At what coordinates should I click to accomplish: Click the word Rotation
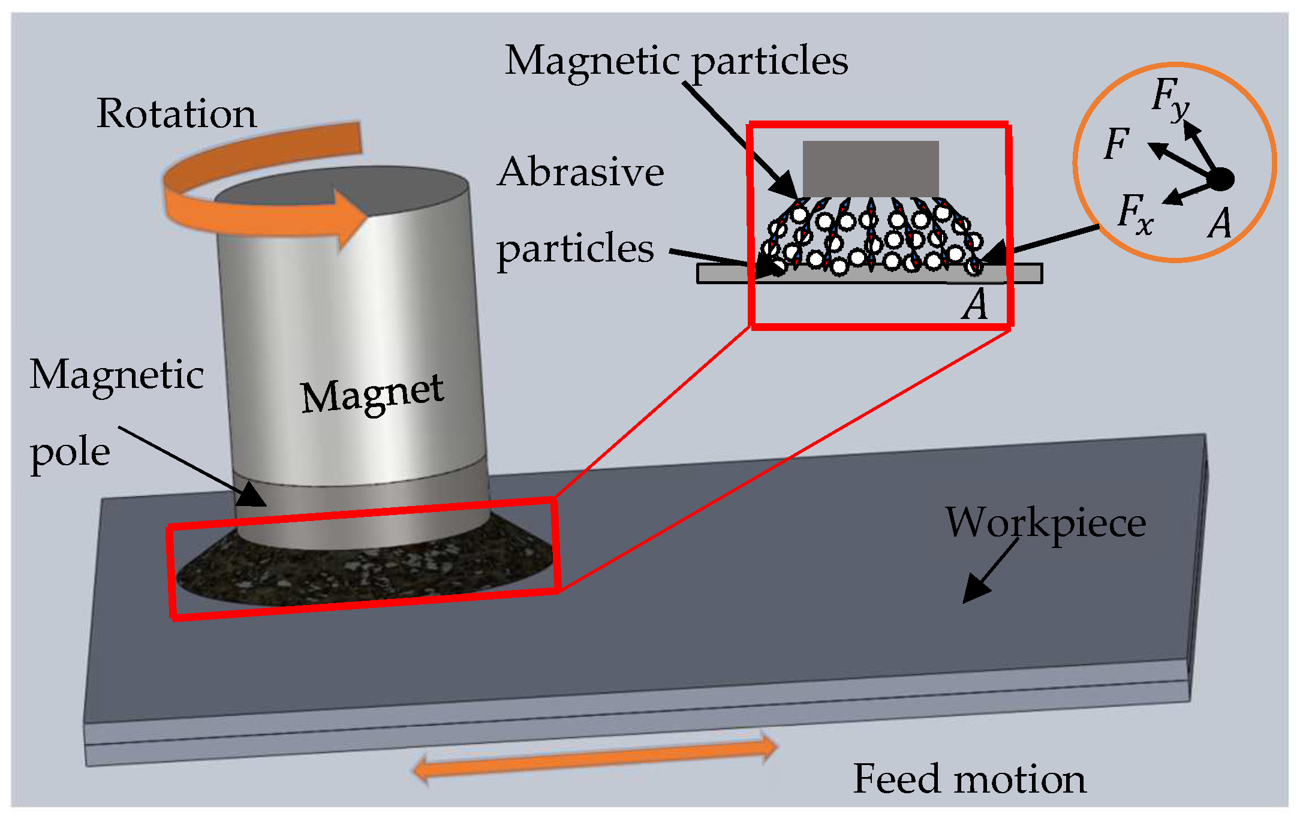[x=176, y=113]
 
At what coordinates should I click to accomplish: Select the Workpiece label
[x=1046, y=523]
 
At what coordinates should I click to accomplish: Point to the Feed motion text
[x=969, y=779]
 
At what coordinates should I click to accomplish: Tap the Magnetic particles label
[x=676, y=61]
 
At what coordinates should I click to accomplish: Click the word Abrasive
[x=580, y=172]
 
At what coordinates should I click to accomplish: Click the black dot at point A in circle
[x=1221, y=179]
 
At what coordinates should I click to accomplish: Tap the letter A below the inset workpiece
[x=975, y=305]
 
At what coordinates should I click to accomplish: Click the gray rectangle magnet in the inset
[x=871, y=168]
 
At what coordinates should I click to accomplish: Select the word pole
[x=70, y=453]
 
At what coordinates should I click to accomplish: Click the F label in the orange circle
[x=1117, y=144]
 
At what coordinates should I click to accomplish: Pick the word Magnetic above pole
[x=117, y=375]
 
